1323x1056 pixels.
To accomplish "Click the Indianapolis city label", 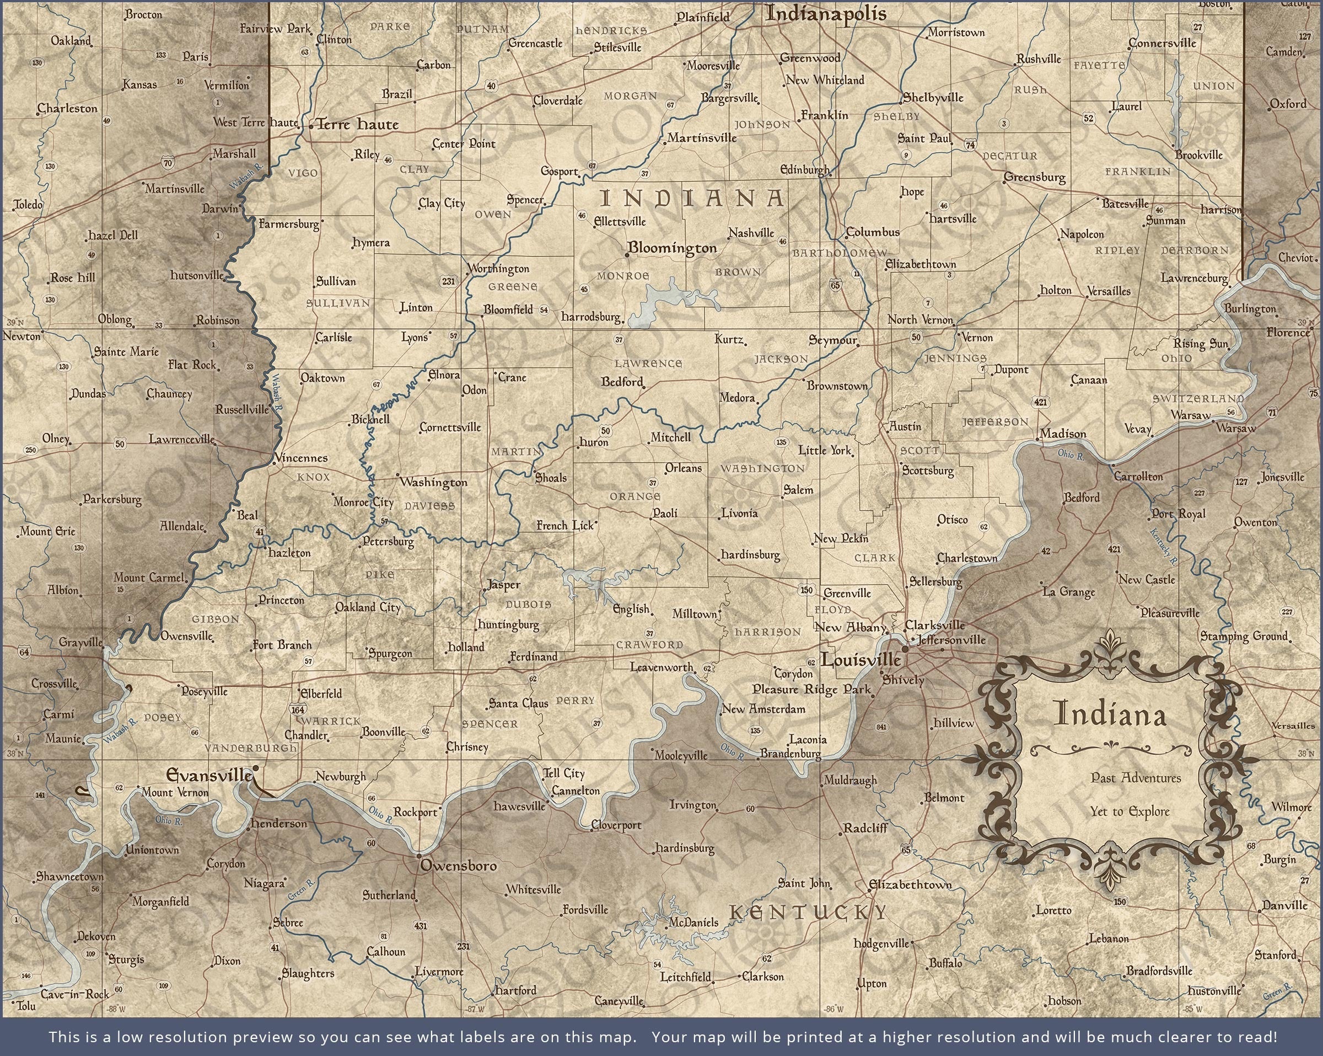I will click(x=825, y=13).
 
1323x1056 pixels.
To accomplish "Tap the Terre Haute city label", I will click(x=357, y=125).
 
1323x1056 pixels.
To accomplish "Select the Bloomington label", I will click(x=673, y=248).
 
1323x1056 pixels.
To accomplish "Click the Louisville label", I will click(x=861, y=660).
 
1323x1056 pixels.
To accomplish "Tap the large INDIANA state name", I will click(x=692, y=199).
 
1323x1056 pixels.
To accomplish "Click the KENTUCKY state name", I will click(x=808, y=913).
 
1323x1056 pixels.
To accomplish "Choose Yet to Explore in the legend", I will click(x=1130, y=812).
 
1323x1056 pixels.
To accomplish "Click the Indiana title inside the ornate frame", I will click(x=1110, y=714).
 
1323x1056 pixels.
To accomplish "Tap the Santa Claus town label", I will click(x=519, y=704).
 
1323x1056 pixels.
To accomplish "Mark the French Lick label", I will click(x=565, y=526).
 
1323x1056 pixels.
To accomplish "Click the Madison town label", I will click(x=1063, y=434).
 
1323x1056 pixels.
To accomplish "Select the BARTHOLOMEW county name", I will click(x=839, y=253).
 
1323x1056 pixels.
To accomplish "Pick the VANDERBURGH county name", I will click(x=250, y=748).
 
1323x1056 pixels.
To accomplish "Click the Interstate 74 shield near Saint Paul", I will click(x=970, y=145).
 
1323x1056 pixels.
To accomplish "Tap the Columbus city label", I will click(x=873, y=232).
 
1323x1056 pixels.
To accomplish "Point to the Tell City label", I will click(x=564, y=773).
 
